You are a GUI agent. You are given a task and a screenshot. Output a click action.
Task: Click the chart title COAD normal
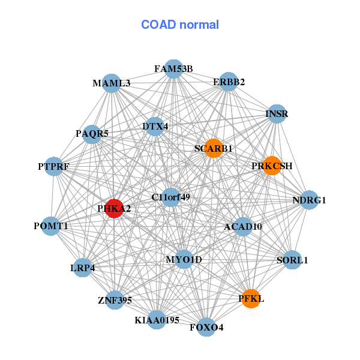click(180, 25)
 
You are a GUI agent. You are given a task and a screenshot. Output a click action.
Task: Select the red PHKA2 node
click(114, 208)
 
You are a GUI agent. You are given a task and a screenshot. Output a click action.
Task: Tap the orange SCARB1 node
click(214, 148)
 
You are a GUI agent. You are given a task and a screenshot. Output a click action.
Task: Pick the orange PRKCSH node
click(272, 166)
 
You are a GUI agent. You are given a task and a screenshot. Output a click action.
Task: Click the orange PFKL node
click(251, 298)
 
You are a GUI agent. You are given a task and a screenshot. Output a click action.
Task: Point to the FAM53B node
click(173, 68)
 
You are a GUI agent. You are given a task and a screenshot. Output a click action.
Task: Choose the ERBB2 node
click(229, 82)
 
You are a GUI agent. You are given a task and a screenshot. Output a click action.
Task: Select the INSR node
click(277, 113)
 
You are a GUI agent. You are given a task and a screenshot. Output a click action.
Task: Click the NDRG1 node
click(309, 200)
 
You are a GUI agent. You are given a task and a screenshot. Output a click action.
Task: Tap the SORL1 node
click(292, 260)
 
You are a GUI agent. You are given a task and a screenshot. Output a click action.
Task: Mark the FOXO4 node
click(206, 327)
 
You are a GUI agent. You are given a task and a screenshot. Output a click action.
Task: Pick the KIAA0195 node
click(157, 320)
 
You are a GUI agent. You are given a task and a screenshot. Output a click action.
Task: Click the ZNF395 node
click(115, 299)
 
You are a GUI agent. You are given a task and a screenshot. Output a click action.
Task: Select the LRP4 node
click(83, 268)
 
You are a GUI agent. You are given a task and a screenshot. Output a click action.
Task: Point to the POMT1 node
click(51, 226)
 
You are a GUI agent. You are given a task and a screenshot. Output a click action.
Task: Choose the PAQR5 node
click(92, 134)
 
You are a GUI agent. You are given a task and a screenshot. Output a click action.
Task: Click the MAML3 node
click(112, 83)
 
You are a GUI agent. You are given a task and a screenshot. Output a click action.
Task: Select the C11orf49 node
click(171, 197)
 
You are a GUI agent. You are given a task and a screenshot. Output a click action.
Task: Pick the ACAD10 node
click(243, 227)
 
